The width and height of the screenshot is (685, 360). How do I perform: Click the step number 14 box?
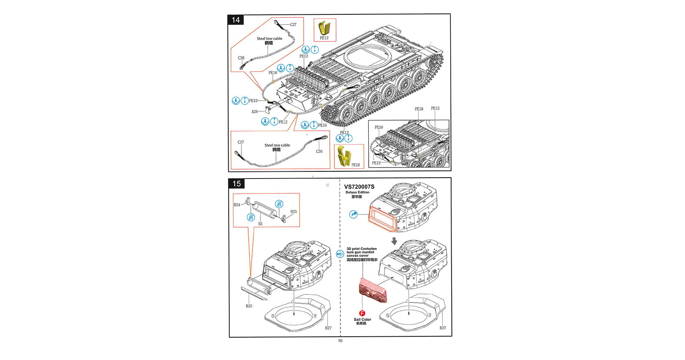(236, 20)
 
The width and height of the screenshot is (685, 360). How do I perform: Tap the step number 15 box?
(236, 184)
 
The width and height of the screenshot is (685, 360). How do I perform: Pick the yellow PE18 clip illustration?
(344, 156)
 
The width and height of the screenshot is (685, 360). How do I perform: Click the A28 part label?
(255, 112)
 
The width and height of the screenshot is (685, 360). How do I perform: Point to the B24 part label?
(237, 205)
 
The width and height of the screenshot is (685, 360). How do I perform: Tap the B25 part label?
(293, 212)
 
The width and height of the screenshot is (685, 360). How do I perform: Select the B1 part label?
(260, 224)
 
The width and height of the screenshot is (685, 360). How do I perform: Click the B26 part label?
(249, 306)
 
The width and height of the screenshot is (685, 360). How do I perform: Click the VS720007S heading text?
(359, 187)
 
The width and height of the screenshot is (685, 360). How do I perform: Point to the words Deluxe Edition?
(357, 192)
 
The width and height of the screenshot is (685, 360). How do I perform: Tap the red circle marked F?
(362, 313)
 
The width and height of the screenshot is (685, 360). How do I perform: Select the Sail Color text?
(362, 319)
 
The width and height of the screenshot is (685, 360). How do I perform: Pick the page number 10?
(340, 341)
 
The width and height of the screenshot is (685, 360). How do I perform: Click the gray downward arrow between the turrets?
(394, 241)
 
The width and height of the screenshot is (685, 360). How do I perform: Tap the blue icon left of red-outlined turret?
(353, 214)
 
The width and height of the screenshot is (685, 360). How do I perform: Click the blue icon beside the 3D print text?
(340, 254)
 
